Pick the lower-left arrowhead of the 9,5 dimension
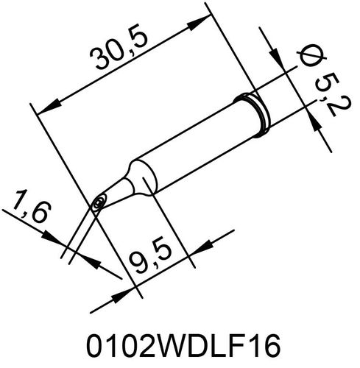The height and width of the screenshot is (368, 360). pyautogui.click(x=121, y=294)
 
